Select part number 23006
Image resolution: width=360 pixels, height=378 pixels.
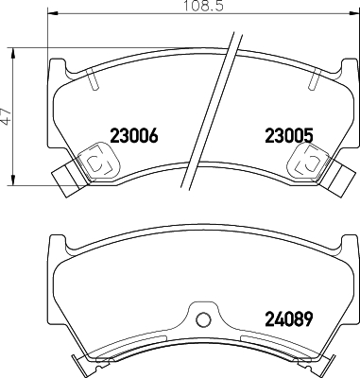point(132,134)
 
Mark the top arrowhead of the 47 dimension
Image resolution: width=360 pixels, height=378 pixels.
point(13,50)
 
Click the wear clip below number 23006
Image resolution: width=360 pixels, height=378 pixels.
point(96,163)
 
